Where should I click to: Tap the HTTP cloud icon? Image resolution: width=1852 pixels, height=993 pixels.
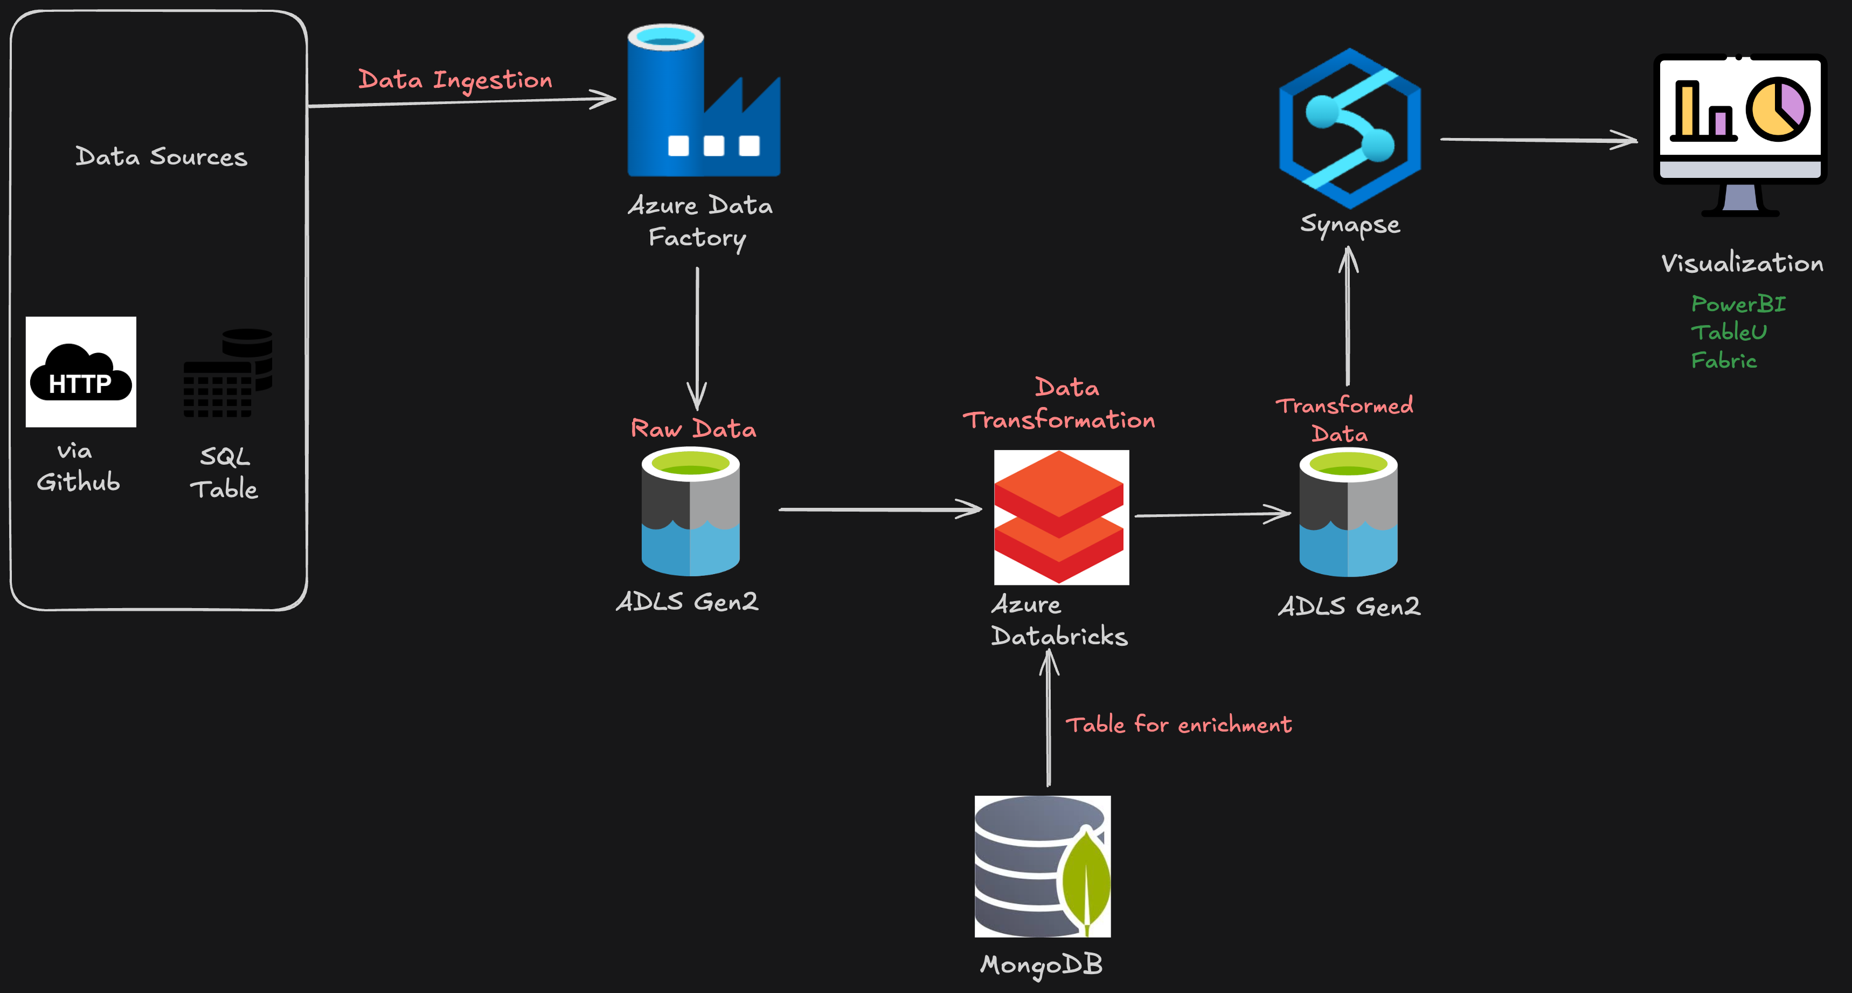(x=80, y=372)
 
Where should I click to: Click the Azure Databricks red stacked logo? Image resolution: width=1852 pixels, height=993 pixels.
(x=1060, y=517)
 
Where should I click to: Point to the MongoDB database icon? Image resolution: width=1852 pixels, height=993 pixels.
(x=1042, y=866)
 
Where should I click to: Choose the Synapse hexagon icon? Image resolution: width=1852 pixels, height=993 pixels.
(x=1349, y=128)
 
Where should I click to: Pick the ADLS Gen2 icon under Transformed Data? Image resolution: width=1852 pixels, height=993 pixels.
(x=1348, y=512)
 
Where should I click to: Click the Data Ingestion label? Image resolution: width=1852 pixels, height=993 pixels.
(x=455, y=80)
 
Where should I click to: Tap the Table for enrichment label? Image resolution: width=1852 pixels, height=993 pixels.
(x=1177, y=724)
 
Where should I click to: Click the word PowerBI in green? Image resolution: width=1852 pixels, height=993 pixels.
(x=1738, y=304)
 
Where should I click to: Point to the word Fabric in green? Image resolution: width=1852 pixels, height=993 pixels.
(x=1723, y=360)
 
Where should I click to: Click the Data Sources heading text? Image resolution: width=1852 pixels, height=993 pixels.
(x=161, y=157)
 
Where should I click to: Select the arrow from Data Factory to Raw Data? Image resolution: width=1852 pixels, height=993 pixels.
(x=697, y=338)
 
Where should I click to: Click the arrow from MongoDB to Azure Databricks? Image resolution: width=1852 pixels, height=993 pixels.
(x=1048, y=719)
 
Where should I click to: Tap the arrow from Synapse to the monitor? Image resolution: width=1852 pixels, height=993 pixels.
(x=1538, y=140)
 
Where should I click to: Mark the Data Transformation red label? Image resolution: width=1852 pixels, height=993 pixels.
(x=1059, y=404)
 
